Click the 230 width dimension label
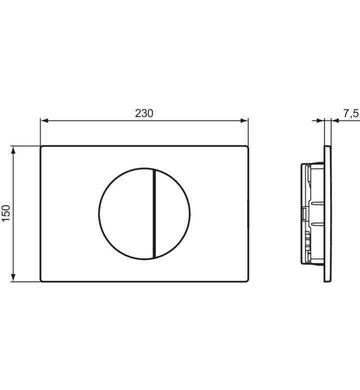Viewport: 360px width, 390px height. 144,113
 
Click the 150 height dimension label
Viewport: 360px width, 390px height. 6,213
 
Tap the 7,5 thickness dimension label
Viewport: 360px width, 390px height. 351,113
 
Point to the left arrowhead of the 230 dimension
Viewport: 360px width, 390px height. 44,121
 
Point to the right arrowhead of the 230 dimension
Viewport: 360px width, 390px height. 244,121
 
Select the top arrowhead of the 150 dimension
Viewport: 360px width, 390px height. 13,150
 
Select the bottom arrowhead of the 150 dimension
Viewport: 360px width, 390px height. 13,277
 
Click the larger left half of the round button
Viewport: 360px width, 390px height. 126,213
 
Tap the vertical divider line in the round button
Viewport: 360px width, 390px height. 154,213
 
